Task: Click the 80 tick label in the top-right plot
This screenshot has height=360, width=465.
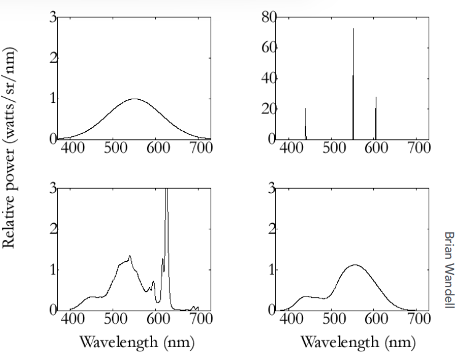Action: point(267,18)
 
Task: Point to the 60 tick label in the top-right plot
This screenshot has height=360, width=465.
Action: point(267,48)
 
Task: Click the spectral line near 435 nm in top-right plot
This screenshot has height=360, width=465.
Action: point(305,123)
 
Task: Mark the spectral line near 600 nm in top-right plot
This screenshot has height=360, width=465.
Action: point(376,117)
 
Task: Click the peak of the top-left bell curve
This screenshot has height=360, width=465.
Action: point(134,99)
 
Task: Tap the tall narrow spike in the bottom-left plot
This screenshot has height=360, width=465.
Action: point(166,234)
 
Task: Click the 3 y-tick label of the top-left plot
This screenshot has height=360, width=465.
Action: point(53,18)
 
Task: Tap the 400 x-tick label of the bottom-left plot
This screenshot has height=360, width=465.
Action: point(73,319)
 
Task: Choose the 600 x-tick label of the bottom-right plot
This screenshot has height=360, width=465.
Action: point(376,319)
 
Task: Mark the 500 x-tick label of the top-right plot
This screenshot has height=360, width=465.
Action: point(333,149)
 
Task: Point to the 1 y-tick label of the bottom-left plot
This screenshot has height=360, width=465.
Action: point(53,269)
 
